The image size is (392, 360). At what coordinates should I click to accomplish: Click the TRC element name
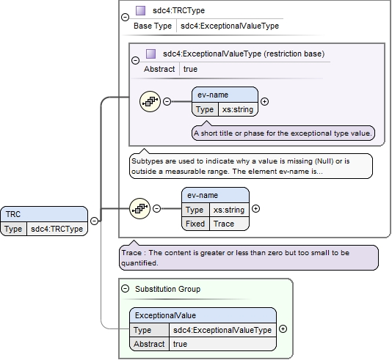tap(13, 214)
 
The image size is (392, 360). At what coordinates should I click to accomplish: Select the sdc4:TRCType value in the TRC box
tap(57, 229)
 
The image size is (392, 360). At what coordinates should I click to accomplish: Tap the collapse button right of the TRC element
tap(94, 221)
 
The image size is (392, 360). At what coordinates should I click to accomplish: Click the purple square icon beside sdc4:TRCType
tap(140, 11)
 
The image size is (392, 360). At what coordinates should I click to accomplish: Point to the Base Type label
tap(153, 26)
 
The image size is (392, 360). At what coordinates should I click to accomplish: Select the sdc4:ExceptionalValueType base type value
tap(230, 26)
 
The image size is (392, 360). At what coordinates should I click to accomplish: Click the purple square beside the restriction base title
tap(150, 54)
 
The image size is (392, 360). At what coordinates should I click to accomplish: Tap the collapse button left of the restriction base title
tap(135, 60)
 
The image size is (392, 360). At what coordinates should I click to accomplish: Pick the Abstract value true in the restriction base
tap(190, 69)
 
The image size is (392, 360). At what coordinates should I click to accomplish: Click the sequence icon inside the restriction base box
tap(150, 101)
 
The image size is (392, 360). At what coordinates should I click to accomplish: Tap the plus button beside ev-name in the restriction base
tap(264, 101)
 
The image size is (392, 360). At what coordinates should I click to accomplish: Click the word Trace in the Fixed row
tap(223, 224)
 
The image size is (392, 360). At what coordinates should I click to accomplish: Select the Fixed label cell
tap(195, 224)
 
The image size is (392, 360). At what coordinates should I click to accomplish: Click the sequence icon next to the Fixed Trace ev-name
tap(139, 208)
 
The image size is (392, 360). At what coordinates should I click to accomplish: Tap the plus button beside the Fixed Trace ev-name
tap(255, 208)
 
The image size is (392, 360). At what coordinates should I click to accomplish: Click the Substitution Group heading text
tap(168, 289)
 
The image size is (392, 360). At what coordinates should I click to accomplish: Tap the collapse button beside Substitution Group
tap(125, 289)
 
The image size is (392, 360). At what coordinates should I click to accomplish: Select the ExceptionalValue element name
tap(165, 315)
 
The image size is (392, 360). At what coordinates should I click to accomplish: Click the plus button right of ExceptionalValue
tap(283, 329)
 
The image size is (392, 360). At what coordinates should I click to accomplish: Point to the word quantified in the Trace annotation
tap(139, 263)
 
